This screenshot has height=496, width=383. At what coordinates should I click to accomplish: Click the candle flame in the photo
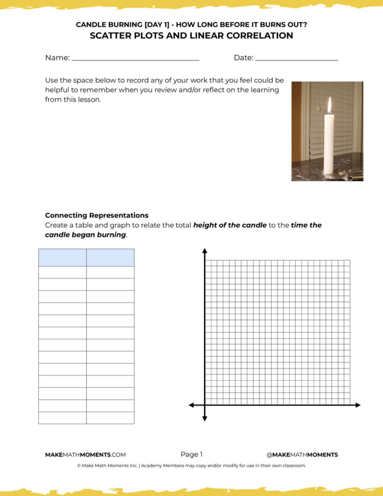coord(329,105)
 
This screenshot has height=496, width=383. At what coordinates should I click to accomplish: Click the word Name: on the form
coord(57,58)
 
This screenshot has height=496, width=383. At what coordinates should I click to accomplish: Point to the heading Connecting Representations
coord(96,216)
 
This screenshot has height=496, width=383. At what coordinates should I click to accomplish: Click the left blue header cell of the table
coord(62,257)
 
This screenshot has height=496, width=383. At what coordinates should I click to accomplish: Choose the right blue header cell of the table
coord(110,257)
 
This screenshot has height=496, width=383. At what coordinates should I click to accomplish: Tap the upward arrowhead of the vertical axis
coord(205,251)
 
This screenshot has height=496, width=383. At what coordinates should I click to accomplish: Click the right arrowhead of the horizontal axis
coord(357,405)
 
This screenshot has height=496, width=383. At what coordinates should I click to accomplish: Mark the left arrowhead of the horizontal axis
coord(192,405)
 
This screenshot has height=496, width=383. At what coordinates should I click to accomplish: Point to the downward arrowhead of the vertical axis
coord(205,418)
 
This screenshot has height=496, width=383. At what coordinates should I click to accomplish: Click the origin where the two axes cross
coord(205,405)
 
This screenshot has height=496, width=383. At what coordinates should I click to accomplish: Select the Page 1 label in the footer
coord(191,454)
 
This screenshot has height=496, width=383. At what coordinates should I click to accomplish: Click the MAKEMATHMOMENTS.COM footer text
coord(85,455)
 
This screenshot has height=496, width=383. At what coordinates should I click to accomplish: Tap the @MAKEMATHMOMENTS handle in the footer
coord(302,455)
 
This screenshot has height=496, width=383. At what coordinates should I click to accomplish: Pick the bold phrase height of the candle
coord(230,225)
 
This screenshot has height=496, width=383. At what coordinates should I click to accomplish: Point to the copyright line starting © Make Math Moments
coord(191,465)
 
